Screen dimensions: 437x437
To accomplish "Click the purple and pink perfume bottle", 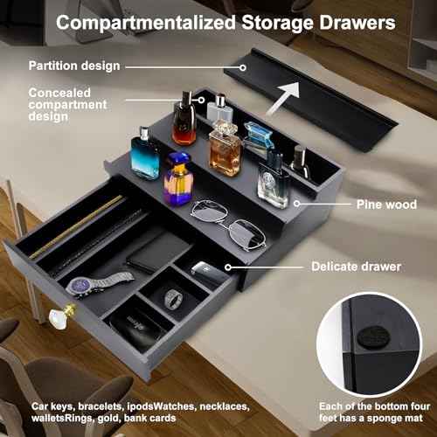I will pyautogui.click(x=179, y=179).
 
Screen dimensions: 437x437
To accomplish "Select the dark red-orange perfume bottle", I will pyautogui.click(x=184, y=121).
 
